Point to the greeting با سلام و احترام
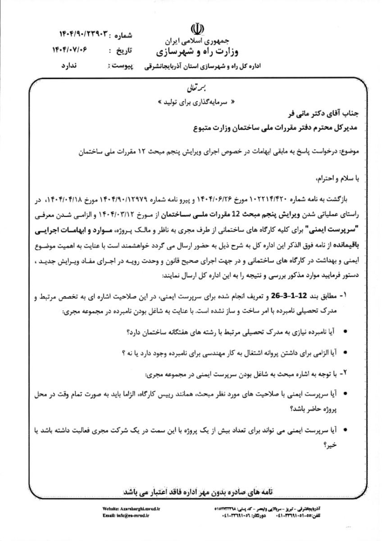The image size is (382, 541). click(x=335, y=179)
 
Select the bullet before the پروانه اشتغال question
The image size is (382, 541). click(x=345, y=353)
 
